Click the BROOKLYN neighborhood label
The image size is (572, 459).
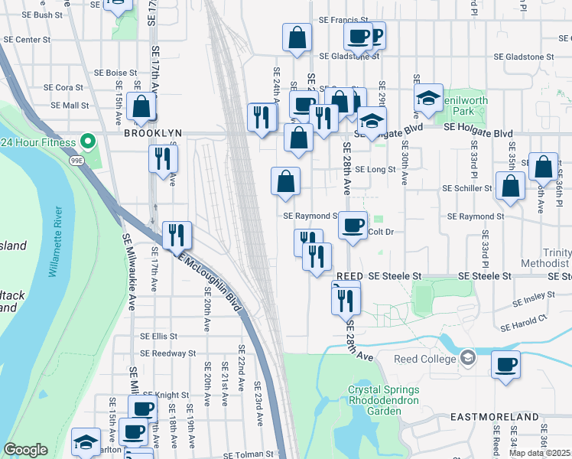coord(153,132)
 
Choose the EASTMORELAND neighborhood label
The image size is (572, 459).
coord(486,417)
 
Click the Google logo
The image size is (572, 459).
coord(25,450)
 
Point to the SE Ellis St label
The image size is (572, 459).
coord(158,336)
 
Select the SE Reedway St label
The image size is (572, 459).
coord(169,353)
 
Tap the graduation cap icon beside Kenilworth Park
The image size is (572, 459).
coord(429,96)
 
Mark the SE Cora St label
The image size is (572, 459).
coord(63,88)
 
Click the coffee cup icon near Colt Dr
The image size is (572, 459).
coord(353,225)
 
